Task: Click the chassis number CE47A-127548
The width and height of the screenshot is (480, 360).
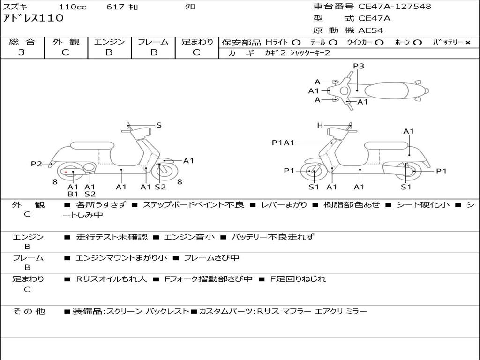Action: pos(395,7)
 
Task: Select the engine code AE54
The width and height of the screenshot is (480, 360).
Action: pos(370,30)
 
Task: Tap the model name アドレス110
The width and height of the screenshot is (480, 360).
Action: pos(33,19)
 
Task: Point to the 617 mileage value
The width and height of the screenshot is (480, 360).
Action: pos(115,7)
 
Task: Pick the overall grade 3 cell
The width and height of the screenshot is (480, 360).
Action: pos(22,52)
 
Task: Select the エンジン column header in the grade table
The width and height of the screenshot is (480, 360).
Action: pos(109,42)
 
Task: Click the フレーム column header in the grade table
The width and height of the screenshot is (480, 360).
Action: pos(153,42)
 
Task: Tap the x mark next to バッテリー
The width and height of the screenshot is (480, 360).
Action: pos(467,42)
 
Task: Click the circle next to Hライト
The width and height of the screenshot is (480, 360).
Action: pos(296,42)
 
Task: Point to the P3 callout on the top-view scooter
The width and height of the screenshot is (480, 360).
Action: pos(359,66)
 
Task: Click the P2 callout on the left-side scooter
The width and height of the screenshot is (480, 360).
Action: pos(37,164)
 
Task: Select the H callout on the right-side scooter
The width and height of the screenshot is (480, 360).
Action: pos(320,125)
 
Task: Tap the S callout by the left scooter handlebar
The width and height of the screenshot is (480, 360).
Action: pos(159,125)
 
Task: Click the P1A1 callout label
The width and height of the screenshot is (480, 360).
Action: pos(283,142)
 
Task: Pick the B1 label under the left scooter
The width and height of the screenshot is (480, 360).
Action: pos(73,194)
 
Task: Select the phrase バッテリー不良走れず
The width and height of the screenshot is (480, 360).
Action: pos(273,237)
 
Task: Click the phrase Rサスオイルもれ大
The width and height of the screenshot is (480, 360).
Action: pos(112,279)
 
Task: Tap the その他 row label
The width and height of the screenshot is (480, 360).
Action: pos(29,311)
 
